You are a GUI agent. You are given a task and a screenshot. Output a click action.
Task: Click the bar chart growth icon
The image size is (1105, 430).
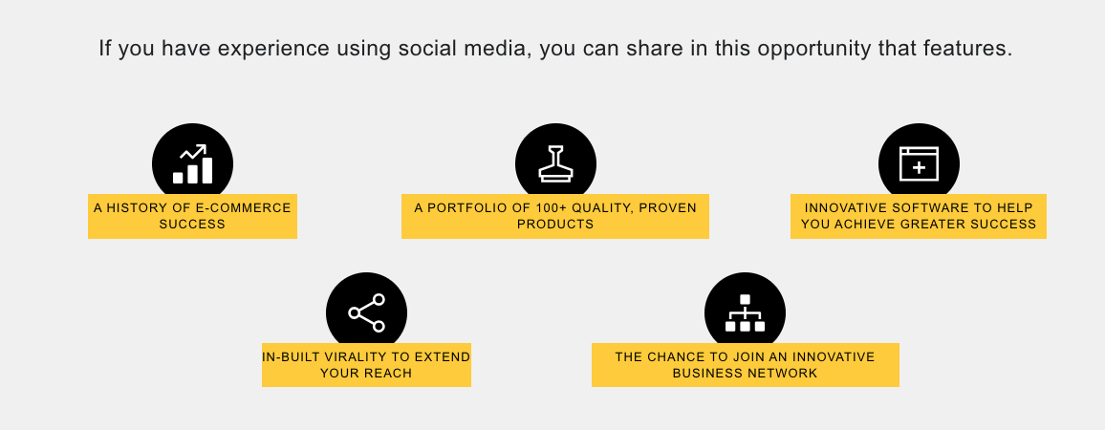pos(192,164)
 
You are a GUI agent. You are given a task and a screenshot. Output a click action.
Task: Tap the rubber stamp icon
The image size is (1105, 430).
pos(555,163)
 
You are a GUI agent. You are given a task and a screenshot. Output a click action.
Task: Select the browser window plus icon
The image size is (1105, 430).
pos(919,164)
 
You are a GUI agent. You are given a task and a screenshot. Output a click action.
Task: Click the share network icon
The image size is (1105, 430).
pos(366,313)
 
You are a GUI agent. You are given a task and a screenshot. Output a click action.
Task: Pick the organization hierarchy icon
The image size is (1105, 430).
pos(745,313)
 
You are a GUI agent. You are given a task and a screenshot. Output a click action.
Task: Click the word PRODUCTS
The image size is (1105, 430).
pos(555,225)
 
